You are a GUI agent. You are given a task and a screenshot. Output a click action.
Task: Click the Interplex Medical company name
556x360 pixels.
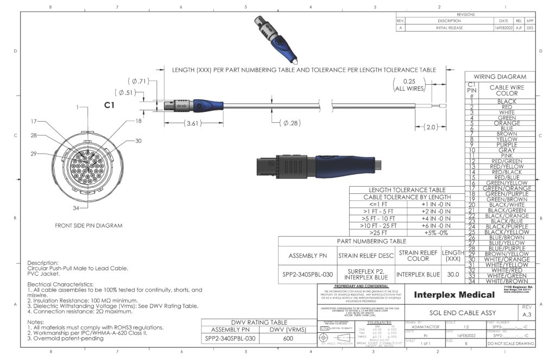point(454,294)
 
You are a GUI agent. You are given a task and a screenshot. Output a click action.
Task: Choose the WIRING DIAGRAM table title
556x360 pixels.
point(500,77)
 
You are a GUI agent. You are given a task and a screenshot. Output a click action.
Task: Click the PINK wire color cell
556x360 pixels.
point(507,155)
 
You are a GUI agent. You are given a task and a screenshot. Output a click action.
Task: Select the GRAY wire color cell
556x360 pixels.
point(507,150)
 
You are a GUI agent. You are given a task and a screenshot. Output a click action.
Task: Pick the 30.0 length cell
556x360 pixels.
point(453,274)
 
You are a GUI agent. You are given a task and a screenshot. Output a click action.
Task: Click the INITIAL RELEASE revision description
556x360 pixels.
point(448,27)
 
